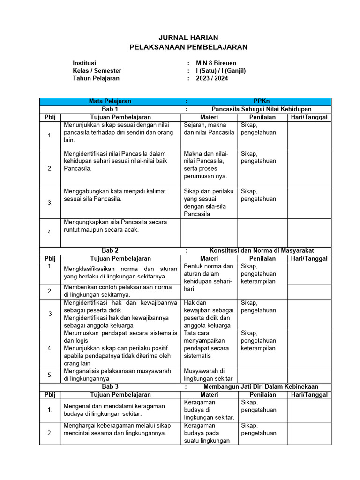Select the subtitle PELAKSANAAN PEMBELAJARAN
click(188, 47)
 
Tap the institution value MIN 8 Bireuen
click(216, 63)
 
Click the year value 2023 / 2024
click(212, 78)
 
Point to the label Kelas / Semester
click(97, 71)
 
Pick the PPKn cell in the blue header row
click(261, 101)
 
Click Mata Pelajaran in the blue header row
click(110, 101)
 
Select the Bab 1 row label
click(110, 109)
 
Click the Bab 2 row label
click(110, 251)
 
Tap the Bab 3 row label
click(110, 387)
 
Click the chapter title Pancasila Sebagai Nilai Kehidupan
click(262, 109)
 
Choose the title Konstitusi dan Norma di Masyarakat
click(262, 251)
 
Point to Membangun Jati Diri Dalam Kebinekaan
click(261, 387)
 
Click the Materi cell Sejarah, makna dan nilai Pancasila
click(209, 128)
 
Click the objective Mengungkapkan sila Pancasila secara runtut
click(115, 226)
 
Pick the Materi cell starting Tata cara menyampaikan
click(207, 345)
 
